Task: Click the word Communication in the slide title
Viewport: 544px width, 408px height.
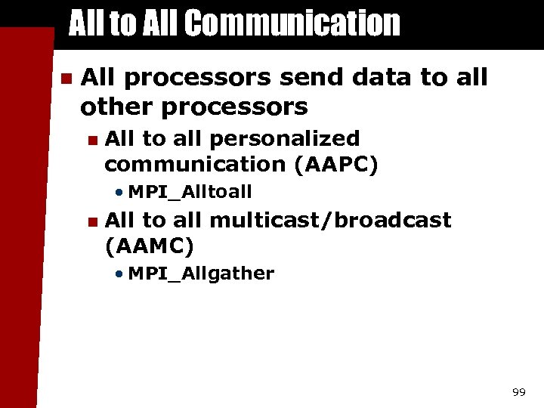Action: (x=292, y=23)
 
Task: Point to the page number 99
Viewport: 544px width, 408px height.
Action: (x=518, y=392)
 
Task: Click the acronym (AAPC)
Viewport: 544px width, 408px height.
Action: (x=338, y=164)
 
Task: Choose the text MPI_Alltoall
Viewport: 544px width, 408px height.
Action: (x=190, y=192)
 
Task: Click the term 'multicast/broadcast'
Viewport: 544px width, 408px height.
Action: (x=329, y=221)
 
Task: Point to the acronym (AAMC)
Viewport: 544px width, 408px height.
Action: (x=150, y=245)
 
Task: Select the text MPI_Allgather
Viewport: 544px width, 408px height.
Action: (x=201, y=274)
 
